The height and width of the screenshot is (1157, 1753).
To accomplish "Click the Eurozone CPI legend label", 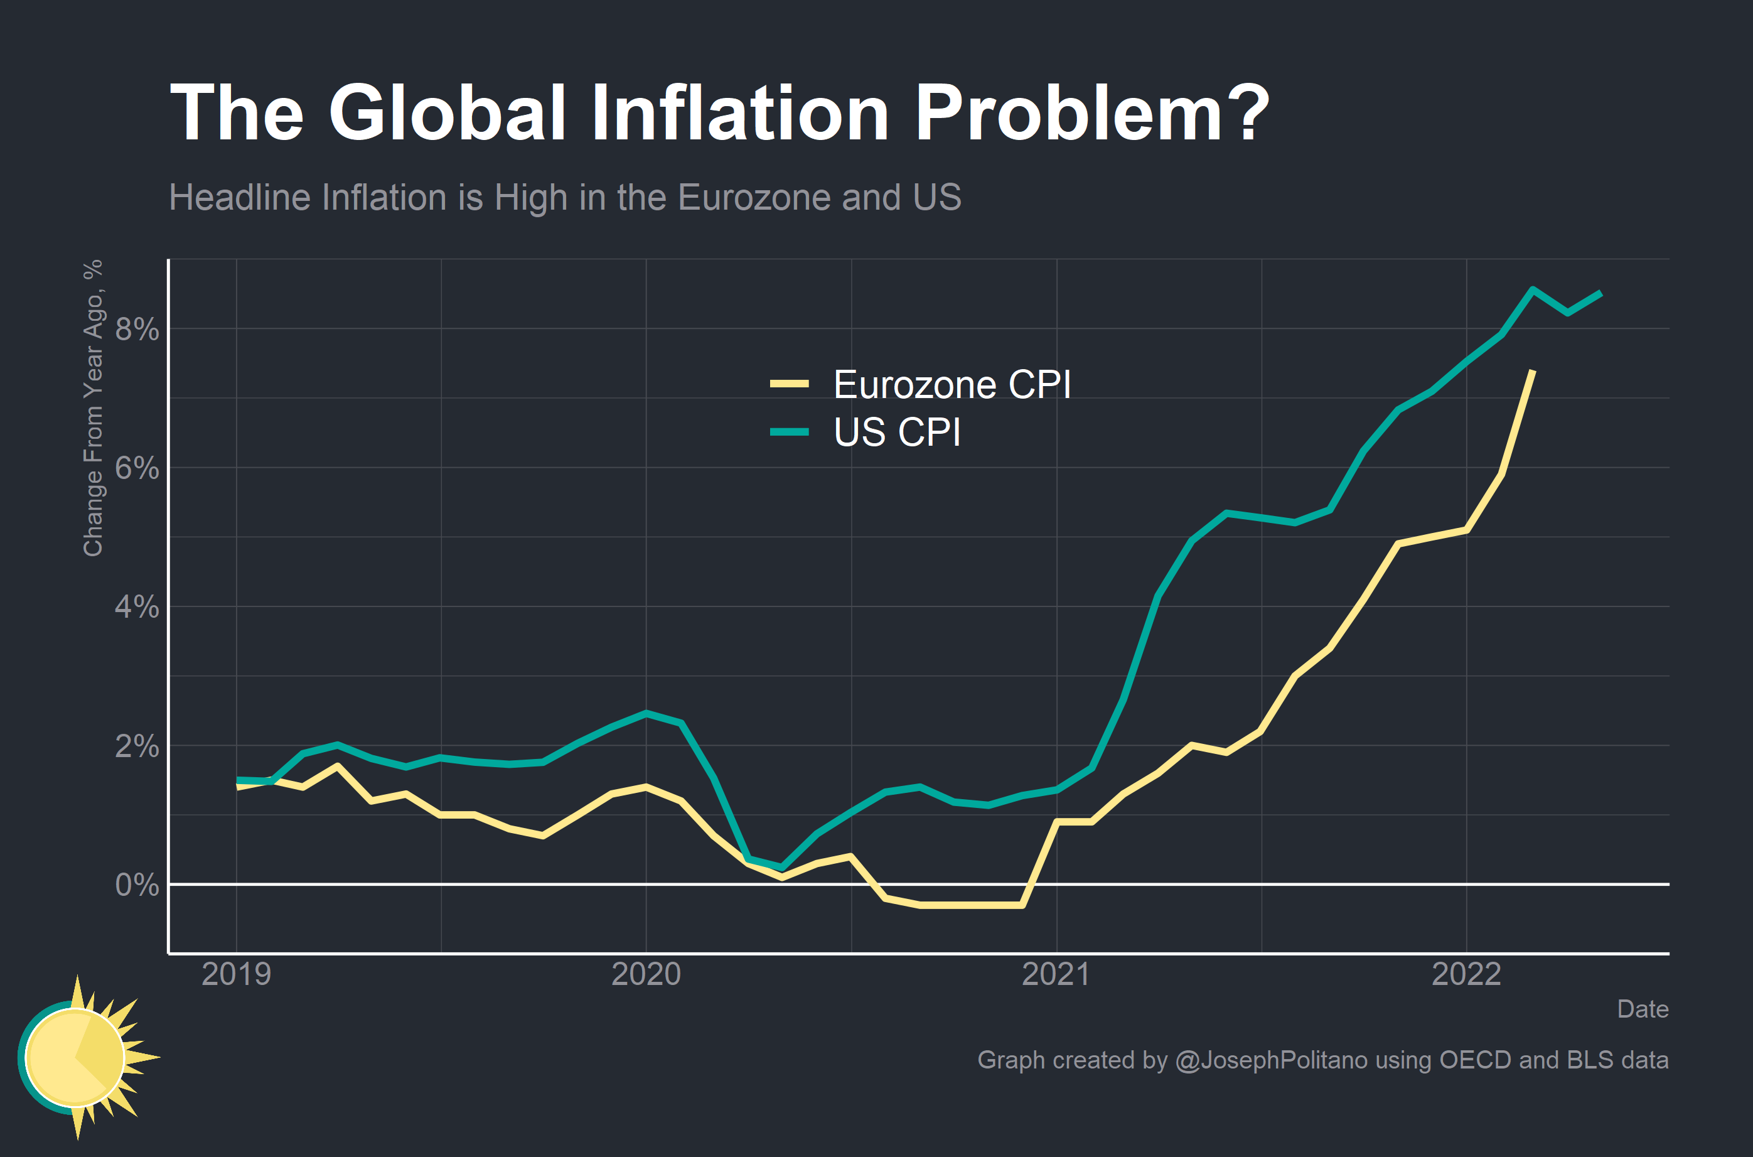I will pos(952,384).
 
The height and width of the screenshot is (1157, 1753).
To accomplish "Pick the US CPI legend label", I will pos(897,433).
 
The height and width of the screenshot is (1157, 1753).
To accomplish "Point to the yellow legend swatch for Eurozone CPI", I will pos(789,384).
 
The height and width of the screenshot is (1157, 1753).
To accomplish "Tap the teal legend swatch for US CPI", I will pos(789,433).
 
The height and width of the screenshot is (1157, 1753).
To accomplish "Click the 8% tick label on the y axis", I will pos(137,329).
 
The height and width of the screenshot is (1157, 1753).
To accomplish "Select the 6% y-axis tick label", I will pos(137,468).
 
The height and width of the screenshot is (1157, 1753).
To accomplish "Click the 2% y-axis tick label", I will pos(137,746).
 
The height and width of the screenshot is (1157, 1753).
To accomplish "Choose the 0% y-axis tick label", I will pos(137,885).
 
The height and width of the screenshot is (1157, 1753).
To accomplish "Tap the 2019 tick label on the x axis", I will pos(236,975).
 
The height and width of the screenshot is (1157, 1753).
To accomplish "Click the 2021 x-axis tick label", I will pos(1056,975).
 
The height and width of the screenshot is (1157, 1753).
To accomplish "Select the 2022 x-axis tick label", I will pos(1466,975).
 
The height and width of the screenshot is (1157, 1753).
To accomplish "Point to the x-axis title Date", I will pos(1643,1009).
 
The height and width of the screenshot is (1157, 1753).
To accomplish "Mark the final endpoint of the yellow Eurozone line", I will pos(1533,371).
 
